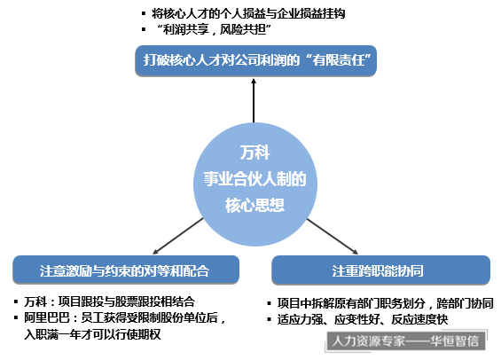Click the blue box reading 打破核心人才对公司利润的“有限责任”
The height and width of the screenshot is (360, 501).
tap(255, 60)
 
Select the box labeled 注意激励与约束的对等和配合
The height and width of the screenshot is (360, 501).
tap(126, 270)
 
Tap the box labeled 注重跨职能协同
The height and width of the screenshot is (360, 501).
tap(380, 270)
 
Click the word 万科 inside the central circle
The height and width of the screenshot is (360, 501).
tap(254, 153)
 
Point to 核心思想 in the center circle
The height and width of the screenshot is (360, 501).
tap(254, 205)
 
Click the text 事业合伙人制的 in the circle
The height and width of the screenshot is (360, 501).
tap(254, 179)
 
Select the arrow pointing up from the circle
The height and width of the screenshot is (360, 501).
tap(254, 100)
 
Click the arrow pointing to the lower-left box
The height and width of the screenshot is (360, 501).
tap(178, 236)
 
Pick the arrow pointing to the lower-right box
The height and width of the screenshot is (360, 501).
tap(333, 237)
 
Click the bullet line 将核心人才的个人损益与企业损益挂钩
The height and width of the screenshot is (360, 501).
tap(248, 13)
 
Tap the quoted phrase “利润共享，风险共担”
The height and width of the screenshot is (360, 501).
tap(214, 30)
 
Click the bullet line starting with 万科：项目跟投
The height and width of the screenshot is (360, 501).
tap(109, 301)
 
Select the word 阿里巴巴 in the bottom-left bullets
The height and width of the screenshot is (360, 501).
tap(47, 318)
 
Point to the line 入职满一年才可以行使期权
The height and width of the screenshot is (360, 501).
tap(92, 334)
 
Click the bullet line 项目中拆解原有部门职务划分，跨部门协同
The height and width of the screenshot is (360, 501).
tap(386, 303)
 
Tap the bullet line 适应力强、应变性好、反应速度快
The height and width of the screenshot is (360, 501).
tap(363, 319)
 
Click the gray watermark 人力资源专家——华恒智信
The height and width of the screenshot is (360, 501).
tap(405, 341)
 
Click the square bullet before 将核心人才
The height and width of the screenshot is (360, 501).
tap(144, 13)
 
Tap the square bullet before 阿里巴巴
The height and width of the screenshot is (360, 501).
tap(16, 318)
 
